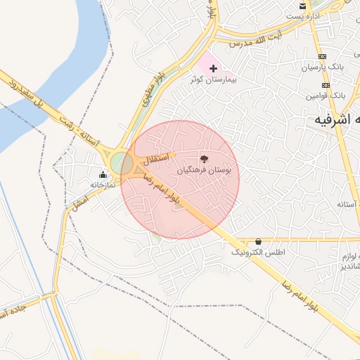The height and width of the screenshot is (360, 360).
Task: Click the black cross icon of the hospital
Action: coord(214,68)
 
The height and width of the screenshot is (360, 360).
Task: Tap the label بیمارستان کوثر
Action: coord(214,80)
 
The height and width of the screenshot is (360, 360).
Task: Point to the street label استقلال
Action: coord(157,159)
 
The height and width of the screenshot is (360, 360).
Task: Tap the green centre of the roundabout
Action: coord(121,163)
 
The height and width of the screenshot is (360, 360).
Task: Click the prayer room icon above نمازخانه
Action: coord(103,174)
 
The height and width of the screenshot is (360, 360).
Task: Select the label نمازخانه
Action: coord(103,185)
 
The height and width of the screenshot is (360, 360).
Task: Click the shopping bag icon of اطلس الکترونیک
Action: coord(258,241)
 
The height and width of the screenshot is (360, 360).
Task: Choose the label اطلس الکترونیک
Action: coord(258,252)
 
